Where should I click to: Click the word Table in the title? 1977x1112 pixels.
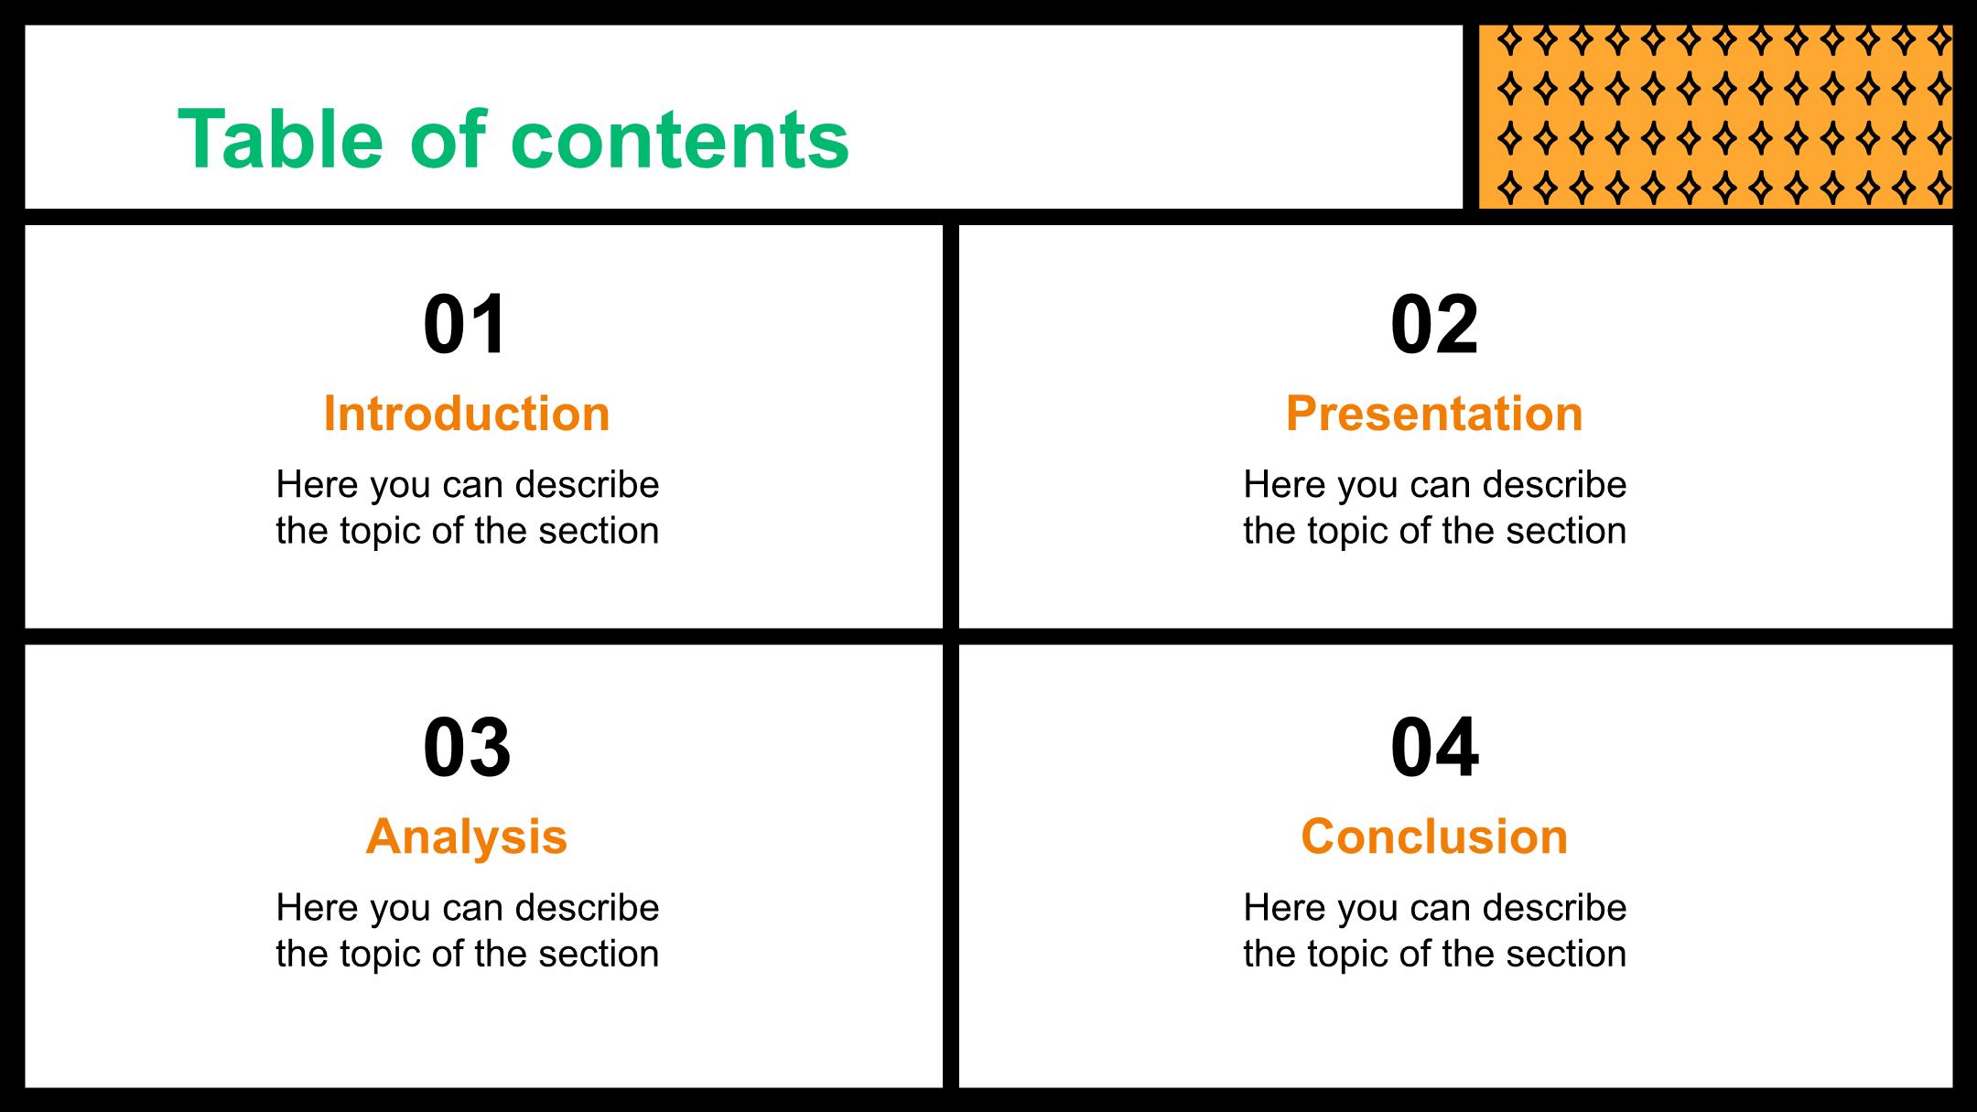point(280,139)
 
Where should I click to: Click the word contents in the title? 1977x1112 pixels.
point(680,141)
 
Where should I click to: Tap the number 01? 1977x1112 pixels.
point(465,325)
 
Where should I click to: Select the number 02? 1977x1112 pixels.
point(1434,325)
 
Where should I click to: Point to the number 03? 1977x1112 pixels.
point(467,748)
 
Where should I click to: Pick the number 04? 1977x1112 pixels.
point(1434,748)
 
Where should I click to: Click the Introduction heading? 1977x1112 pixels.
point(467,414)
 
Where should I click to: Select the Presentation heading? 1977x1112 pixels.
point(1434,414)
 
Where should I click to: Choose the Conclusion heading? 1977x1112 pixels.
point(1434,837)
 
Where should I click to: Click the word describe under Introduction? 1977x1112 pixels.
point(588,484)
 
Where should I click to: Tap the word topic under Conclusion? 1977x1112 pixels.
point(1349,955)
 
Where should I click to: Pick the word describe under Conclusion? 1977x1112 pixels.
point(1555,907)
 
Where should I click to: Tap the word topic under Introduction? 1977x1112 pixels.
point(382,532)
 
